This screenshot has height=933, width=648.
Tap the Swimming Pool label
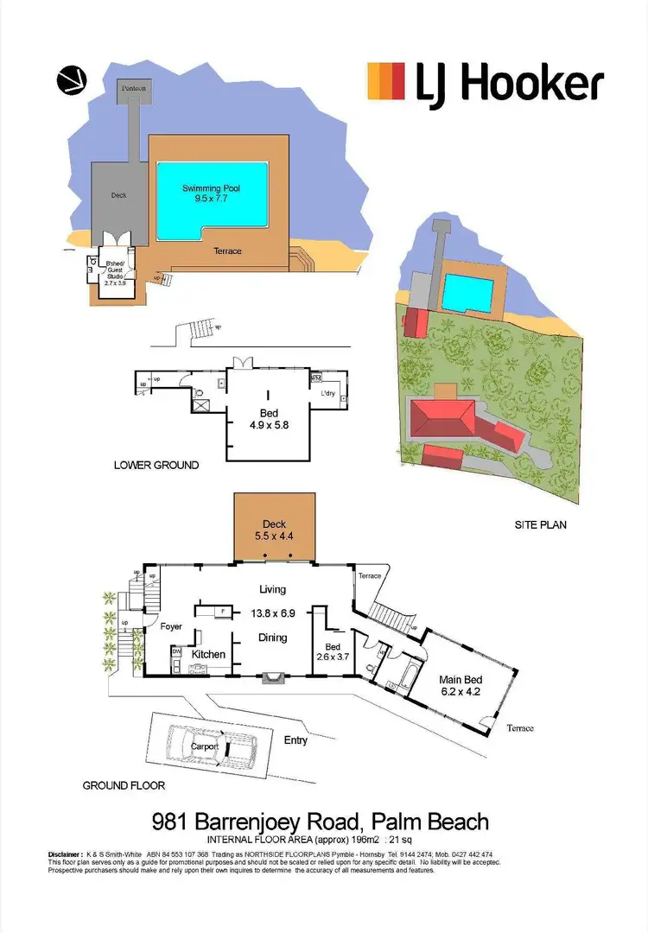[x=211, y=193]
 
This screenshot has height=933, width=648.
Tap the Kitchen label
[x=208, y=654]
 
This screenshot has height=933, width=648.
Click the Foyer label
[x=171, y=626]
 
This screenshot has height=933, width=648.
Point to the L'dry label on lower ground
[x=328, y=393]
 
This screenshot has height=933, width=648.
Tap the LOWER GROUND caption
[x=156, y=465]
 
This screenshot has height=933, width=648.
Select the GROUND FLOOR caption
[x=124, y=785]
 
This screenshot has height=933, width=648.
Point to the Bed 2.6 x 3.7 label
[x=333, y=652]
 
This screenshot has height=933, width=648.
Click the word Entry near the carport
[x=295, y=739]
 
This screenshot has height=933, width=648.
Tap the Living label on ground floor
[x=272, y=589]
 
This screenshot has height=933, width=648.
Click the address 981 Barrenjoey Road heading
[x=320, y=821]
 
